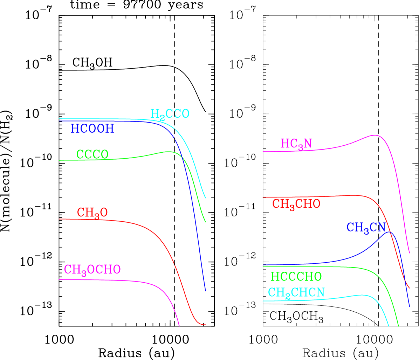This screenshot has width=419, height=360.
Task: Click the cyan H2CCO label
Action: point(170,114)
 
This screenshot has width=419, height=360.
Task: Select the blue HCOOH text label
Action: point(92,129)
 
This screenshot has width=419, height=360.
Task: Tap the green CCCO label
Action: point(92,154)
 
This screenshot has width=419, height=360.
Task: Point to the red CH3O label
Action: point(92,213)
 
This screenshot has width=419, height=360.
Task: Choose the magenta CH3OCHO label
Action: point(92,270)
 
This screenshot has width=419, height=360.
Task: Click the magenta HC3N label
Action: point(296,144)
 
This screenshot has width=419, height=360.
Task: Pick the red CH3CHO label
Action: point(296,204)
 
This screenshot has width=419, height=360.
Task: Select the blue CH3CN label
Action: point(366,227)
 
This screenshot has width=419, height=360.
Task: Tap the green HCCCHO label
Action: point(296,276)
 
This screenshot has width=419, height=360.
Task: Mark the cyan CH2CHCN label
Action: point(296,292)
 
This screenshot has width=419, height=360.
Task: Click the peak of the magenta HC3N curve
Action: point(374,135)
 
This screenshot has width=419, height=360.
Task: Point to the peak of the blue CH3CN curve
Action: point(390,232)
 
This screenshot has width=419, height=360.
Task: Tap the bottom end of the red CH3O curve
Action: point(206,325)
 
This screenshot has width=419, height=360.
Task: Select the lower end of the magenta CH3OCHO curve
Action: point(179,326)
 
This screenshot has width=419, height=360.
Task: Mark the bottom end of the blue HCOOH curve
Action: point(205,291)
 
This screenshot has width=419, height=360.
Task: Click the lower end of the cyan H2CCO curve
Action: point(206,198)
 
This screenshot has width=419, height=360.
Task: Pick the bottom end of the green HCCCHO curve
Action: point(398,326)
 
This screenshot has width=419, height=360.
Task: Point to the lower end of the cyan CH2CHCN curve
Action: point(389,326)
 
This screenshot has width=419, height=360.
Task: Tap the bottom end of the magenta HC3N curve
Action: point(410,253)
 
